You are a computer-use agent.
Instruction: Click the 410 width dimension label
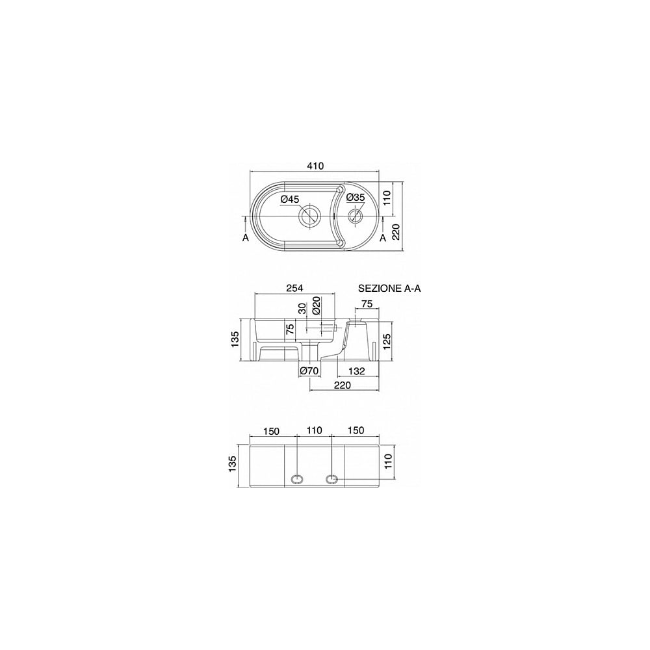tap(315, 166)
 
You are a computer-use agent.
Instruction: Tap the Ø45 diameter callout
tap(289, 200)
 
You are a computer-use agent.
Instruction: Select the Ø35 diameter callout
tap(355, 198)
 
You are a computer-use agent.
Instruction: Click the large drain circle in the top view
tap(309, 215)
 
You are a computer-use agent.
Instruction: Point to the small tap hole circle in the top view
tap(356, 215)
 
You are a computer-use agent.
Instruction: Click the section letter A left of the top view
tap(246, 238)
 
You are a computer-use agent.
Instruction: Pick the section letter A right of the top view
tap(383, 237)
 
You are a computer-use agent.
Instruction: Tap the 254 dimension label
tap(294, 288)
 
